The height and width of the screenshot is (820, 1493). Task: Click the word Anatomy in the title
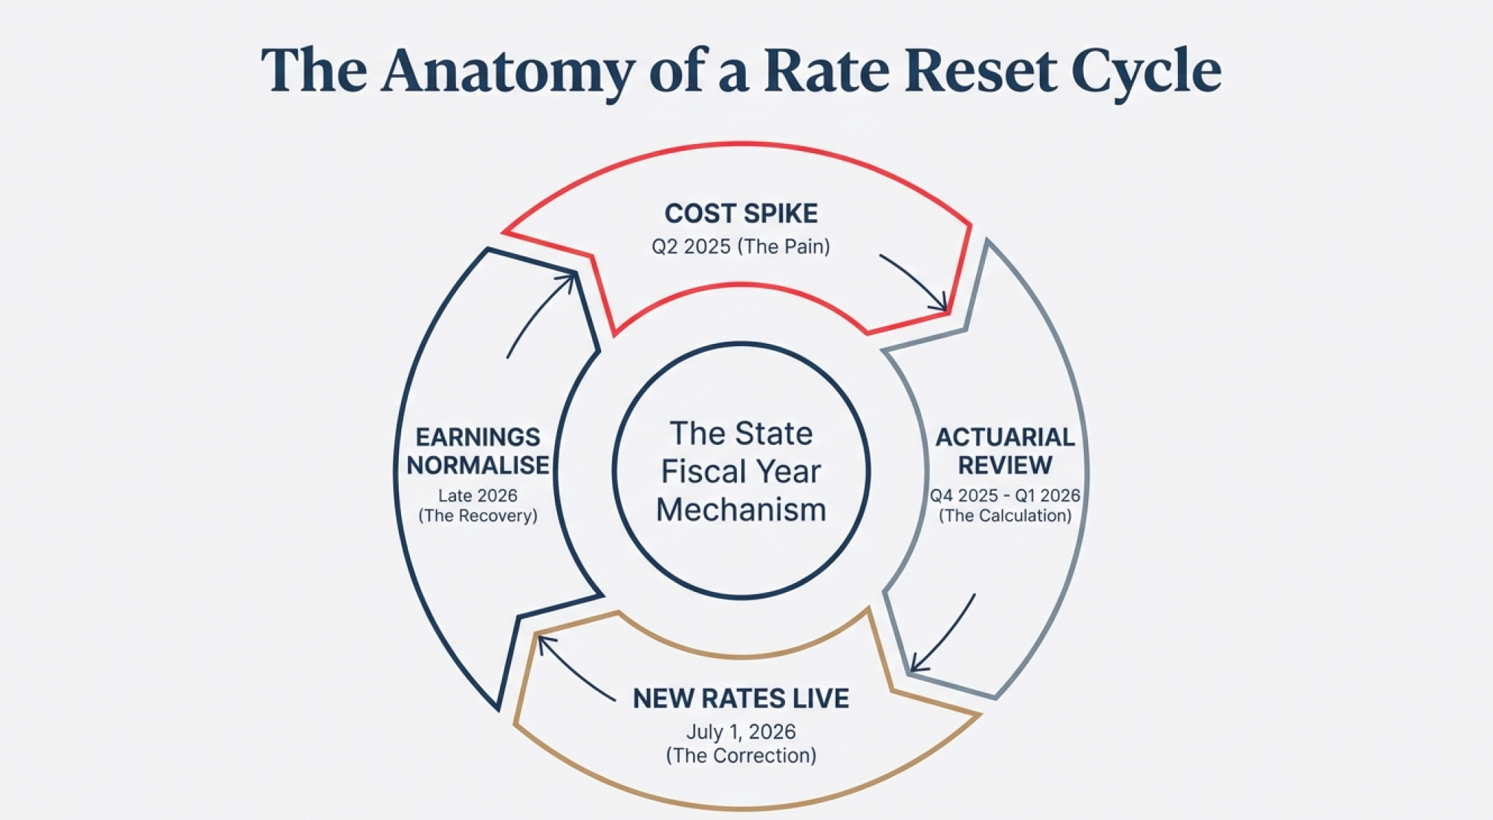(507, 71)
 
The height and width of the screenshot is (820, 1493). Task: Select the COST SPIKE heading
(741, 214)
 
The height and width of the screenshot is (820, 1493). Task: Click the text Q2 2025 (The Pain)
(741, 247)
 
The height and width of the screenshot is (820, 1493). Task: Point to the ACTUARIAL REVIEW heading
(1004, 451)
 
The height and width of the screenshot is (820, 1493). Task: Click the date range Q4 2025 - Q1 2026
(1004, 495)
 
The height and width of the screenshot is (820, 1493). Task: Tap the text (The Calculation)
(1004, 515)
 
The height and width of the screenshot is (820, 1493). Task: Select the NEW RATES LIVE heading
(741, 699)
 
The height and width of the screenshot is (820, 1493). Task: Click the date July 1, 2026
(741, 732)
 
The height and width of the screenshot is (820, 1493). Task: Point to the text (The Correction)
(741, 755)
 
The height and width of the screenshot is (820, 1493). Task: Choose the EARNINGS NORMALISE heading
(478, 451)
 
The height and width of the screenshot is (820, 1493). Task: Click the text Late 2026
(478, 495)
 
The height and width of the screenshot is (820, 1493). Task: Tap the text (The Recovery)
(478, 515)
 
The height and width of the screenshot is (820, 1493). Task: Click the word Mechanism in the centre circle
(741, 510)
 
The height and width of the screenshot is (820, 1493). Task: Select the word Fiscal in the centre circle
(703, 472)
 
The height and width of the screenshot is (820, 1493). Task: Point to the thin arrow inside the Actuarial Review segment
(943, 635)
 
